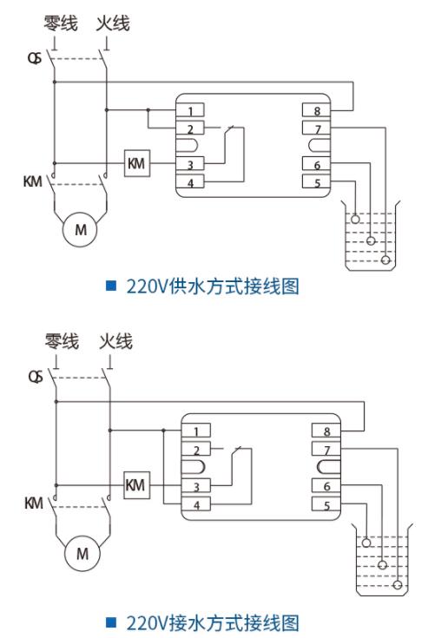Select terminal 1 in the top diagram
[x=189, y=110]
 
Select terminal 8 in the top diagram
[x=316, y=110]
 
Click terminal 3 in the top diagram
[x=189, y=164]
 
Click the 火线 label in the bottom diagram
[x=114, y=341]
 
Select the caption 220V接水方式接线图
[x=213, y=621]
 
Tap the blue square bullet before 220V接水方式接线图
[x=110, y=621]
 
